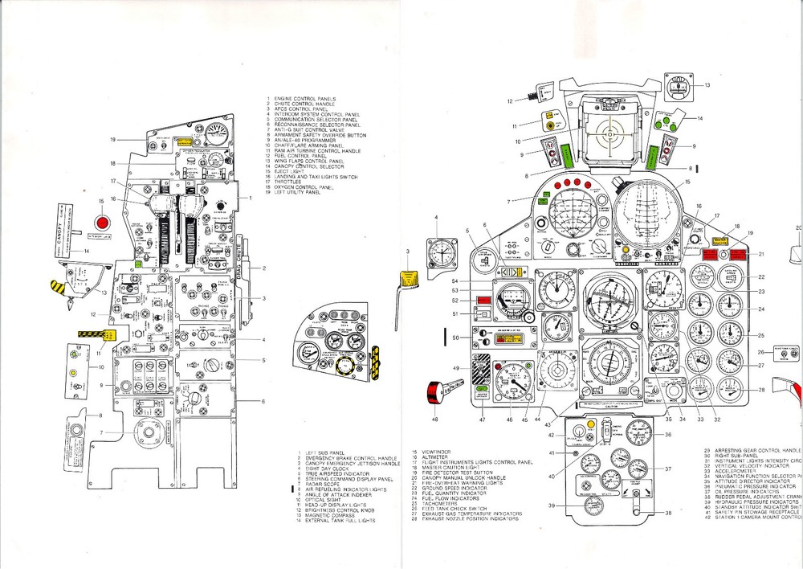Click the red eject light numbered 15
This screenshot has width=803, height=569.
tap(103, 221)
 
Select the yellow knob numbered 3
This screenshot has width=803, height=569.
tap(410, 277)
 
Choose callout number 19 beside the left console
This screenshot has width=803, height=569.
tap(115, 140)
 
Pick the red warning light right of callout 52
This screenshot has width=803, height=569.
tap(483, 301)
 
